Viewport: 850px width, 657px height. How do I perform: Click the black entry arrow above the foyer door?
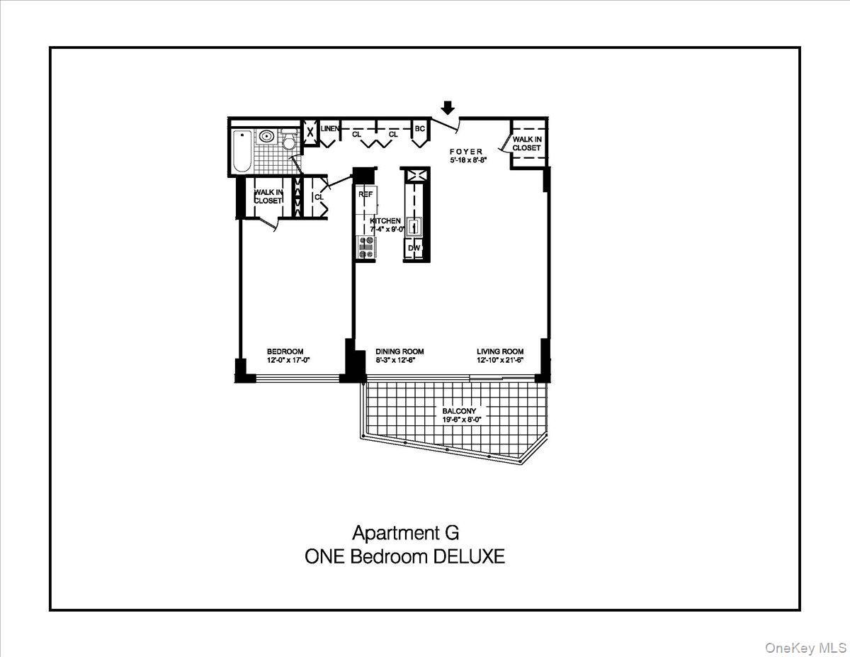click(447, 107)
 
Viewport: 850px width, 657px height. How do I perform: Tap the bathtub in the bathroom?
click(240, 151)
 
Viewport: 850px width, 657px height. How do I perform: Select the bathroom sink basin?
click(266, 137)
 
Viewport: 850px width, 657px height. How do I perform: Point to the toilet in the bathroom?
click(288, 141)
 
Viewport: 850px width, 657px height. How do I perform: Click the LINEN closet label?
click(329, 128)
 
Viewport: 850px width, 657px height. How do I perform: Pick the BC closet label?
click(419, 128)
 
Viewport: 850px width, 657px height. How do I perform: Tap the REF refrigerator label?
click(365, 193)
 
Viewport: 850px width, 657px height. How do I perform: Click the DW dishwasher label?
click(414, 247)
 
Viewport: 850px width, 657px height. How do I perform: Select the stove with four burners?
click(366, 247)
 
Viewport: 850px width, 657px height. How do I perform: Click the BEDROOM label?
click(285, 352)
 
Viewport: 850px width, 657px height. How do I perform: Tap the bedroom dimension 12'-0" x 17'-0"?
click(288, 360)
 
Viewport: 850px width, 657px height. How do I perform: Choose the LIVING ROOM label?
click(500, 352)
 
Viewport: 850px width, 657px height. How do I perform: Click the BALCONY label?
click(459, 411)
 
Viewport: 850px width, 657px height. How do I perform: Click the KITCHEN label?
click(385, 221)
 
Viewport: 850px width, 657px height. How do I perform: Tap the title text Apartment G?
click(400, 532)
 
